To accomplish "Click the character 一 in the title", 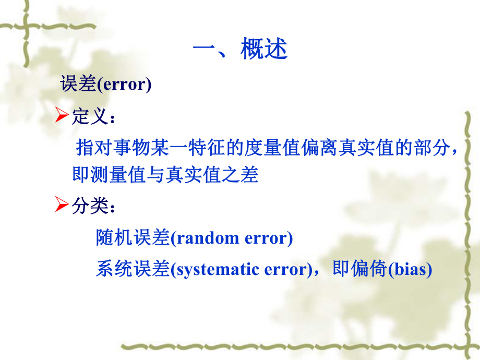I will pos(205,50).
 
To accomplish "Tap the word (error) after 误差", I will pos(124,85).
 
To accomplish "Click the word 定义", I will pos(87,116).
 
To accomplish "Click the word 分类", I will pos(87,206).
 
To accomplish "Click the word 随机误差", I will pos(133,238).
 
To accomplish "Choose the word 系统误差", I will pos(133,270).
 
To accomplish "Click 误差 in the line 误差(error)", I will pos(78,85).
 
